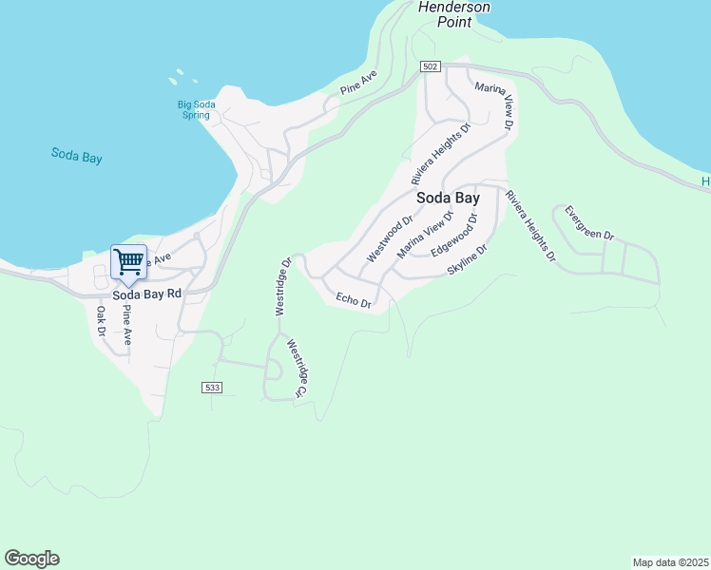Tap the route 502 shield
(432, 66)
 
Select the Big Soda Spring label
(195, 109)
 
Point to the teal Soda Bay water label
(76, 157)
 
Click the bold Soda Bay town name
(448, 198)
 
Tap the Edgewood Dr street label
(453, 236)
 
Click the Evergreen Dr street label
(589, 223)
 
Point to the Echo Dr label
(353, 300)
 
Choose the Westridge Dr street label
(281, 286)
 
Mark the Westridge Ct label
(297, 369)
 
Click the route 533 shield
(212, 388)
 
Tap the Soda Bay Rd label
(146, 294)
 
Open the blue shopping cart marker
(128, 261)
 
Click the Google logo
(31, 559)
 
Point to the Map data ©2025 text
(670, 561)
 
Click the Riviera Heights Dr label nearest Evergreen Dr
(529, 226)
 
